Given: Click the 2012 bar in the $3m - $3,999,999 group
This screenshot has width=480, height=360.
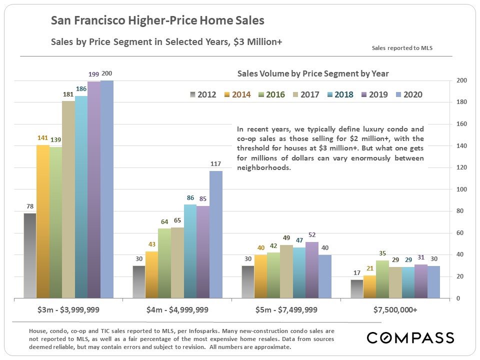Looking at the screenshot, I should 30,255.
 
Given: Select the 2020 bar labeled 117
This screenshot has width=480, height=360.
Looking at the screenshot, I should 216,234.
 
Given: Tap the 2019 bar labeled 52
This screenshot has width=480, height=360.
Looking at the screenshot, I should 312,270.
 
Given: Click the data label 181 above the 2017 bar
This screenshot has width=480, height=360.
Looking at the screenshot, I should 68,94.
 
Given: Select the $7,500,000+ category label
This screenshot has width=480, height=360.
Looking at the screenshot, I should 395,309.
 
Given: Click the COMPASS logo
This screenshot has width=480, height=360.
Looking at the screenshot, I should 410,337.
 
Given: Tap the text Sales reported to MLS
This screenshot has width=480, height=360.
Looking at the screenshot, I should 402,48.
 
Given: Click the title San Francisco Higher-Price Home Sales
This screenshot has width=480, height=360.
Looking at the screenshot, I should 157,21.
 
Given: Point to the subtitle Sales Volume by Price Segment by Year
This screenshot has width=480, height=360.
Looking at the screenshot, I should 313,73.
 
